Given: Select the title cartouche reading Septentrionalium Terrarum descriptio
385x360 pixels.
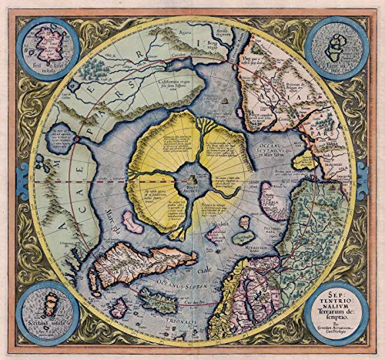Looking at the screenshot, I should pyautogui.click(x=336, y=303).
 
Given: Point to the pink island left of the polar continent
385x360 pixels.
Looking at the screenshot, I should pyautogui.click(x=132, y=225).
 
